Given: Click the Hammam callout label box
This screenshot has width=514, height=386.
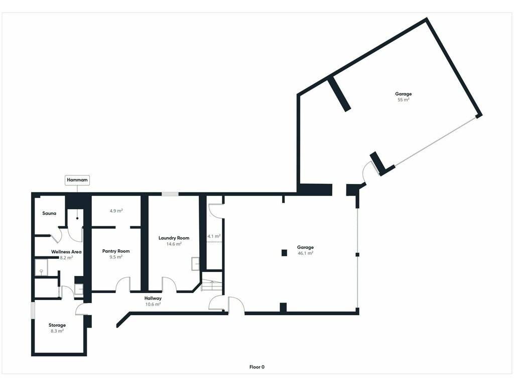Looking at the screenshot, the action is point(77,180).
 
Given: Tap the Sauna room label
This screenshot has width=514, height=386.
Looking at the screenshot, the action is point(49,213).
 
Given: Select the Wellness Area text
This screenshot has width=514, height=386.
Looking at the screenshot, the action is point(66,252).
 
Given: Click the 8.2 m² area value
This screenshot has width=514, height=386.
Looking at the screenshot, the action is point(66,258).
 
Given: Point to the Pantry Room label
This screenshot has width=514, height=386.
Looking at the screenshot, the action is point(116,251).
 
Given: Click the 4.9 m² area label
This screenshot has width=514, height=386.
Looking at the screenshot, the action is point(116,211).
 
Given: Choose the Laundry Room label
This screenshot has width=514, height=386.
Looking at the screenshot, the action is point(174,238).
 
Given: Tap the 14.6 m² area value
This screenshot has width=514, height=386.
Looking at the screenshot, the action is point(174,244).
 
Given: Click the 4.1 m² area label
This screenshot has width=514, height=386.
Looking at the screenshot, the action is point(214,236).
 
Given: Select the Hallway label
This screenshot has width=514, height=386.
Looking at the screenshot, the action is point(153,299).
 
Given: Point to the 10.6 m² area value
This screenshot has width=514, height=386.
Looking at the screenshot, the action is point(153,304).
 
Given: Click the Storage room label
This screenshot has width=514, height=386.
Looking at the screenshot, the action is point(57,325).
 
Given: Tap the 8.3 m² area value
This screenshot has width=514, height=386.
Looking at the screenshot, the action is point(57,331).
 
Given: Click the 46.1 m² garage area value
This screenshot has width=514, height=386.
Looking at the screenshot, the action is point(306,253).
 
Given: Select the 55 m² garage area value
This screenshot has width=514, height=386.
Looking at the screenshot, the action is point(404,100).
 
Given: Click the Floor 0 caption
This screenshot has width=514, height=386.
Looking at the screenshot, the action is point(256,367).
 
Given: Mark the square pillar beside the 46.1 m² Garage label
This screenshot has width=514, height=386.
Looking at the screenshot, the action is point(284,253).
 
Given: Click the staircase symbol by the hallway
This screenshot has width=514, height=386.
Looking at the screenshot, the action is point(212,285).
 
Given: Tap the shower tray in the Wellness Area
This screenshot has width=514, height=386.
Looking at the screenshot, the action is point(42,267).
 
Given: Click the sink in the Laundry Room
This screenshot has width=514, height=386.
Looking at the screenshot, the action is point(195,264).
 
